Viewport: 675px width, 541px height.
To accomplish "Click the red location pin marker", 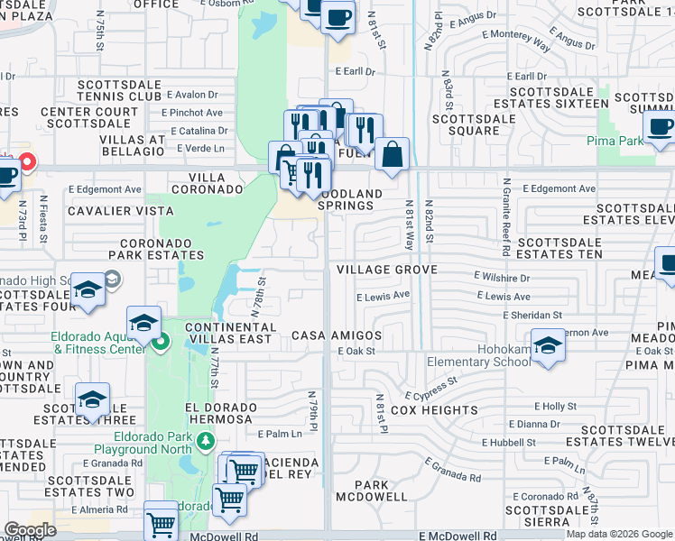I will (27, 162).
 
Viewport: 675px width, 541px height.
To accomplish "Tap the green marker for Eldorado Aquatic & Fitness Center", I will (161, 342).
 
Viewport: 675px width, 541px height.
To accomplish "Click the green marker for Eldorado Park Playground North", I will (206, 440).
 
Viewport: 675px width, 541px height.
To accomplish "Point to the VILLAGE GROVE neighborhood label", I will (386, 270).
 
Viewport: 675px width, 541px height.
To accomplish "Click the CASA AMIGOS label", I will (337, 335).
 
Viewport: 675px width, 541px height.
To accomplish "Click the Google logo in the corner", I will (30, 530).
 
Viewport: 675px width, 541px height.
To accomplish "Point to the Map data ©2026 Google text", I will (619, 534).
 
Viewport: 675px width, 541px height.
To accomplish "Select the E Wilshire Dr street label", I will (501, 279).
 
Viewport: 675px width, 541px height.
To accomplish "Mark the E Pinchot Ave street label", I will (192, 113).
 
